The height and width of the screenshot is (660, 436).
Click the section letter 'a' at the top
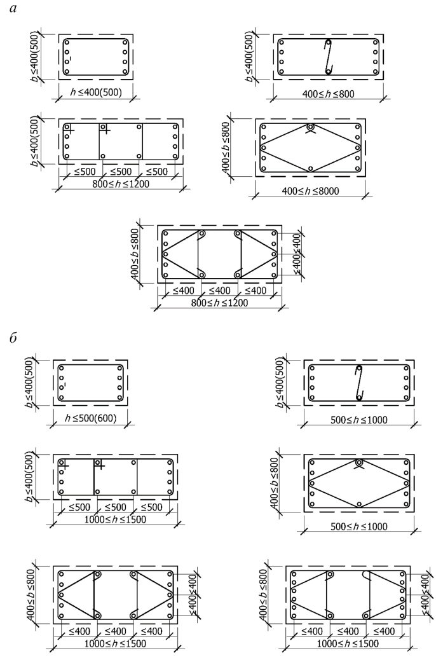13,9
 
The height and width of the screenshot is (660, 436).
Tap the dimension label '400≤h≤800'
328,93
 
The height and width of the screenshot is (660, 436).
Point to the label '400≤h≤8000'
311,191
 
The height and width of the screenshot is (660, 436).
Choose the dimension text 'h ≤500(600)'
90,418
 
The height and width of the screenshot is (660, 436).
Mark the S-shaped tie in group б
358,383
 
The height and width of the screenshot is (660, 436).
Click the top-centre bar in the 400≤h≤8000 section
310,127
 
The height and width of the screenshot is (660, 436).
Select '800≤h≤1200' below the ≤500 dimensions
121,184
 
